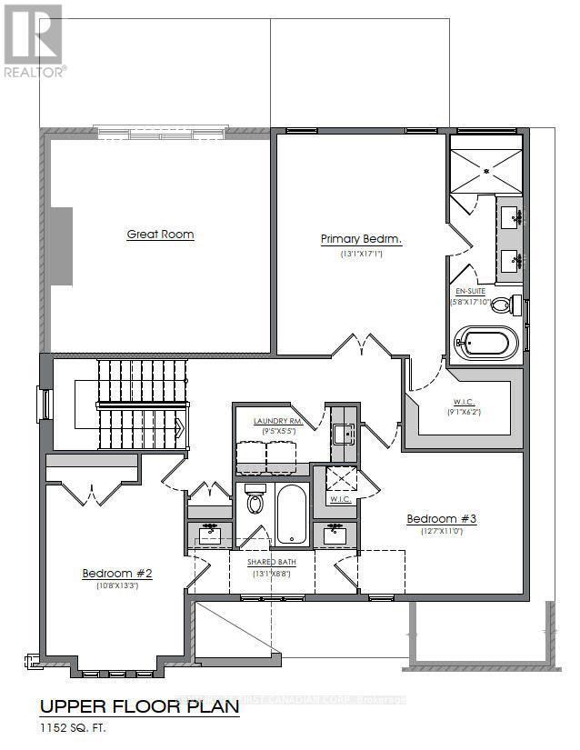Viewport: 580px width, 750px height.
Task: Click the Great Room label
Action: click(x=160, y=235)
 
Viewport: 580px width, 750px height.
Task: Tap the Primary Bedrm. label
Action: click(x=361, y=239)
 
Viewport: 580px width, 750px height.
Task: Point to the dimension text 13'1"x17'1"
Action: click(x=361, y=255)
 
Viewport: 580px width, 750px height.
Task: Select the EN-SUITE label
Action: click(x=471, y=292)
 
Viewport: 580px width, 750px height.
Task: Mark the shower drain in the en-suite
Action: click(x=486, y=170)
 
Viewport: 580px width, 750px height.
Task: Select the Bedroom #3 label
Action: click(x=441, y=519)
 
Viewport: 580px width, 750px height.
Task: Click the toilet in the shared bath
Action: click(x=255, y=501)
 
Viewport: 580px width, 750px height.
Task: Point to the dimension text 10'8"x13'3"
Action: click(x=116, y=586)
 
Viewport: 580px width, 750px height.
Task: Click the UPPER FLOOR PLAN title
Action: click(x=138, y=705)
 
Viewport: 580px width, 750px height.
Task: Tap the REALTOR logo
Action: click(x=34, y=41)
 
